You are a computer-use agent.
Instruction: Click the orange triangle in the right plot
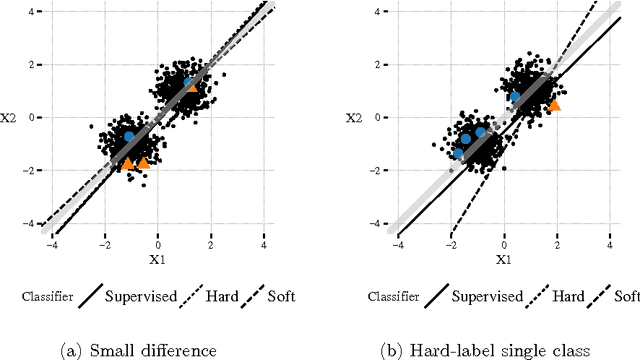pyautogui.click(x=554, y=104)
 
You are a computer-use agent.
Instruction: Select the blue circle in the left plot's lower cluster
pyautogui.click(x=129, y=136)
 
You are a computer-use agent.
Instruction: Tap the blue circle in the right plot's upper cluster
pyautogui.click(x=515, y=97)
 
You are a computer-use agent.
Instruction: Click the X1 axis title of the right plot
pyautogui.click(x=503, y=259)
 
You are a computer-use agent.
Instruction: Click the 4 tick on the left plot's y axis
pyautogui.click(x=34, y=12)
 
